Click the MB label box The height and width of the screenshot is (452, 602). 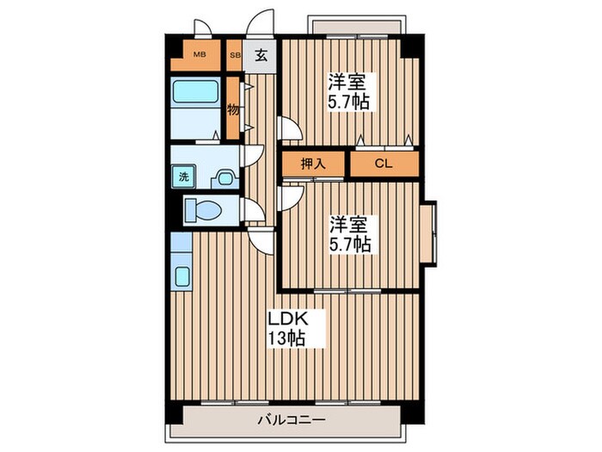click(200, 56)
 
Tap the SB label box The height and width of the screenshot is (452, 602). click(234, 56)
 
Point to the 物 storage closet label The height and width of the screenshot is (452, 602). click(233, 109)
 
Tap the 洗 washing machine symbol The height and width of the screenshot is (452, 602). click(183, 177)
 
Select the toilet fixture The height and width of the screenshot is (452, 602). click(204, 210)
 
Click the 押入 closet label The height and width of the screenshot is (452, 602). click(313, 163)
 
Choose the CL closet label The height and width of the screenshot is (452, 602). click(383, 163)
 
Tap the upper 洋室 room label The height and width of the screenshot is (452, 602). click(347, 83)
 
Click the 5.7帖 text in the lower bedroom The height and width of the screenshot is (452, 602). click(349, 245)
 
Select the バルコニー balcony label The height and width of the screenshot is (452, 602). click(289, 421)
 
